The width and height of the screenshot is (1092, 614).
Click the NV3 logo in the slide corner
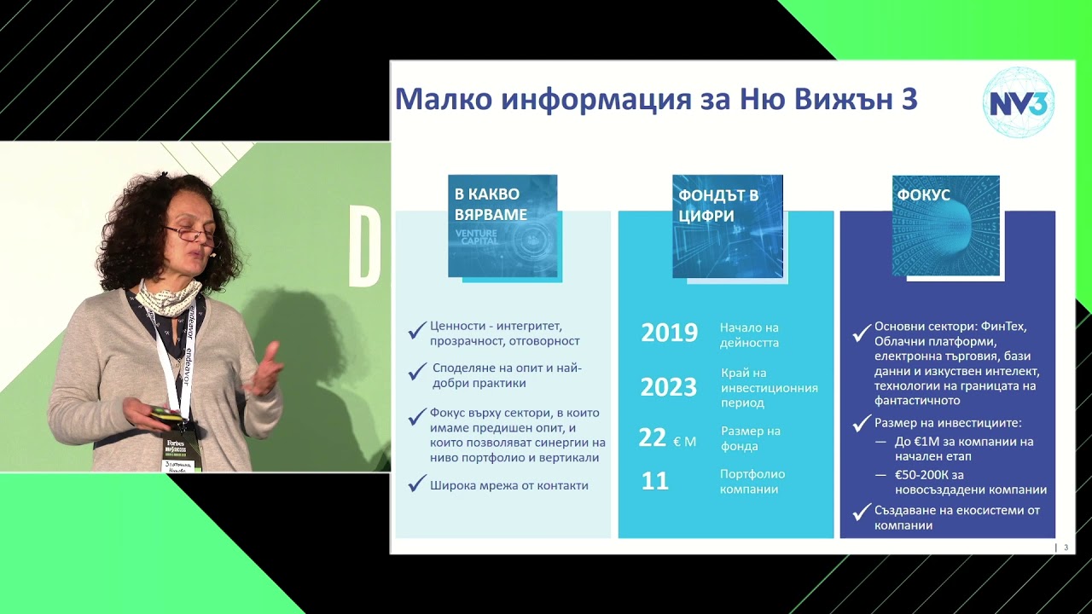[x=1019, y=102]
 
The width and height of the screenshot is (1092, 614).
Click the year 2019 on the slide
[x=669, y=333]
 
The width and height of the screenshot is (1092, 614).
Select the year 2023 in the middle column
[x=668, y=388]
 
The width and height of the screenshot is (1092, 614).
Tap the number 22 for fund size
[x=653, y=438]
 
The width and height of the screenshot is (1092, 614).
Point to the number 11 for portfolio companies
[x=654, y=481]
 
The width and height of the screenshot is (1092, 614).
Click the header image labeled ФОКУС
[x=945, y=225]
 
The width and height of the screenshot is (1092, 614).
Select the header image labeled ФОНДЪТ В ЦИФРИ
[x=727, y=226]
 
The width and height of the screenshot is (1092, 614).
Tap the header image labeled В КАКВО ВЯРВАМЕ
[x=502, y=226]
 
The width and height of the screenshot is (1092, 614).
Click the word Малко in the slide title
[x=443, y=100]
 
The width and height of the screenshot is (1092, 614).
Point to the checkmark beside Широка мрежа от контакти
[x=416, y=484]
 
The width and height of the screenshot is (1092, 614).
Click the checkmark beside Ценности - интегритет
[x=416, y=329]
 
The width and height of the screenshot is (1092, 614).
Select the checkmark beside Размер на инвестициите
[x=862, y=423]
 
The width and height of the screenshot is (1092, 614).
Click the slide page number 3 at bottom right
[x=1065, y=547]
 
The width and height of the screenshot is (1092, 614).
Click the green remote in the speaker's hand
[x=166, y=414]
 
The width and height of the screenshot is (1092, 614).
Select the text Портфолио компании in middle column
[x=752, y=481]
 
